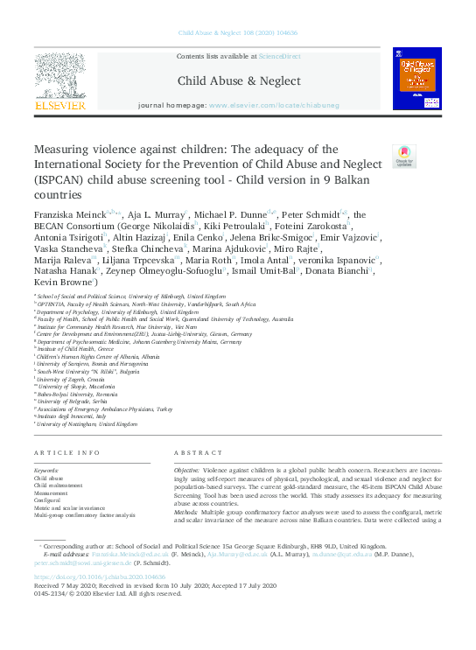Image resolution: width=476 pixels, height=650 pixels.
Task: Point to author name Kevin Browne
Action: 60,283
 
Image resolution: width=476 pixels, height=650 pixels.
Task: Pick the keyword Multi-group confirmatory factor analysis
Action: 85,515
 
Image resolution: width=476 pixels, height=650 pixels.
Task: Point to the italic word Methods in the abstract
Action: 190,509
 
